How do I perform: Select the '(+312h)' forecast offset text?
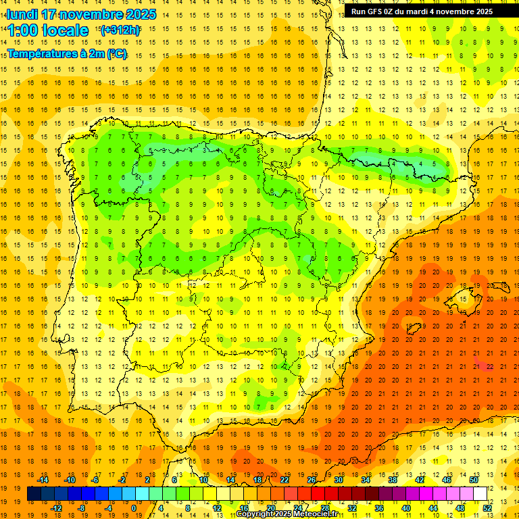[120, 30]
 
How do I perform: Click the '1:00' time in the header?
[23, 30]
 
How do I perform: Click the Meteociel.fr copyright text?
[287, 514]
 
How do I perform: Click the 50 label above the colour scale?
[474, 480]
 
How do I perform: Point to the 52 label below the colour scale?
[487, 508]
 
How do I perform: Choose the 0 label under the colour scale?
[134, 508]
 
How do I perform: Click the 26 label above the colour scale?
[312, 480]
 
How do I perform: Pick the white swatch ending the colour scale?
[480, 494]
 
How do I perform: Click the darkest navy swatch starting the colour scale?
[34, 494]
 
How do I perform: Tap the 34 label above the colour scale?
[366, 480]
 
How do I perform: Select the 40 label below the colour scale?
[405, 508]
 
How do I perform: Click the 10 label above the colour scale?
[203, 480]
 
